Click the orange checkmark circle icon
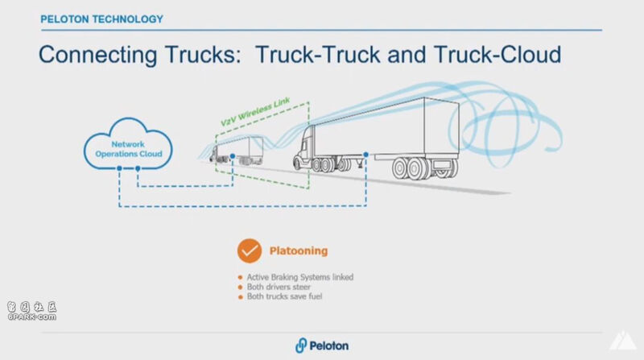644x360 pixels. (x=250, y=250)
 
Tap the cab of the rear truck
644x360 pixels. (x=311, y=150)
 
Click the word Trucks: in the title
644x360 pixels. (x=204, y=56)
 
